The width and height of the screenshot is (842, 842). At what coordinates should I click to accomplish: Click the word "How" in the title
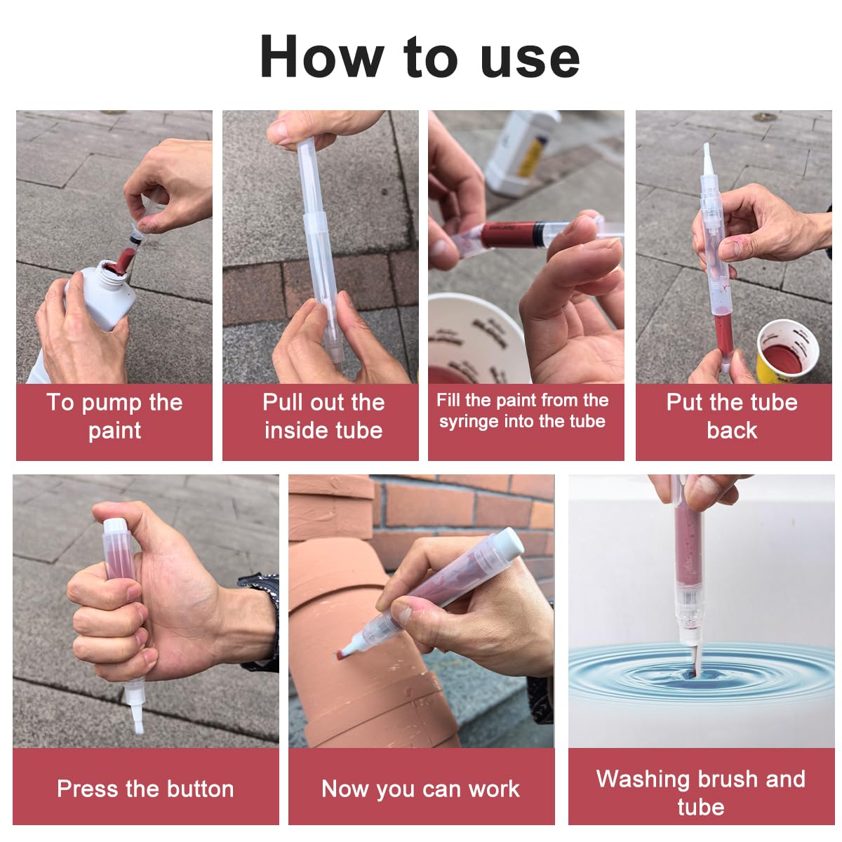pyautogui.click(x=321, y=57)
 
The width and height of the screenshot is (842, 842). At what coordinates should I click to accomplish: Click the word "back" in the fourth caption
pyautogui.click(x=732, y=430)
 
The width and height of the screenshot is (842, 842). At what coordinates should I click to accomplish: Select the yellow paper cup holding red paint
pyautogui.click(x=787, y=351)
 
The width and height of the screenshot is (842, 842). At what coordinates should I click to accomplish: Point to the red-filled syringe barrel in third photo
pyautogui.click(x=512, y=234)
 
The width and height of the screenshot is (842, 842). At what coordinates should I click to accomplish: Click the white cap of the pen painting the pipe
pyautogui.click(x=509, y=543)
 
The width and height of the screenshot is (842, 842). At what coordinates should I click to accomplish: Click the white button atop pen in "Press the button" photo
pyautogui.click(x=115, y=525)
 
